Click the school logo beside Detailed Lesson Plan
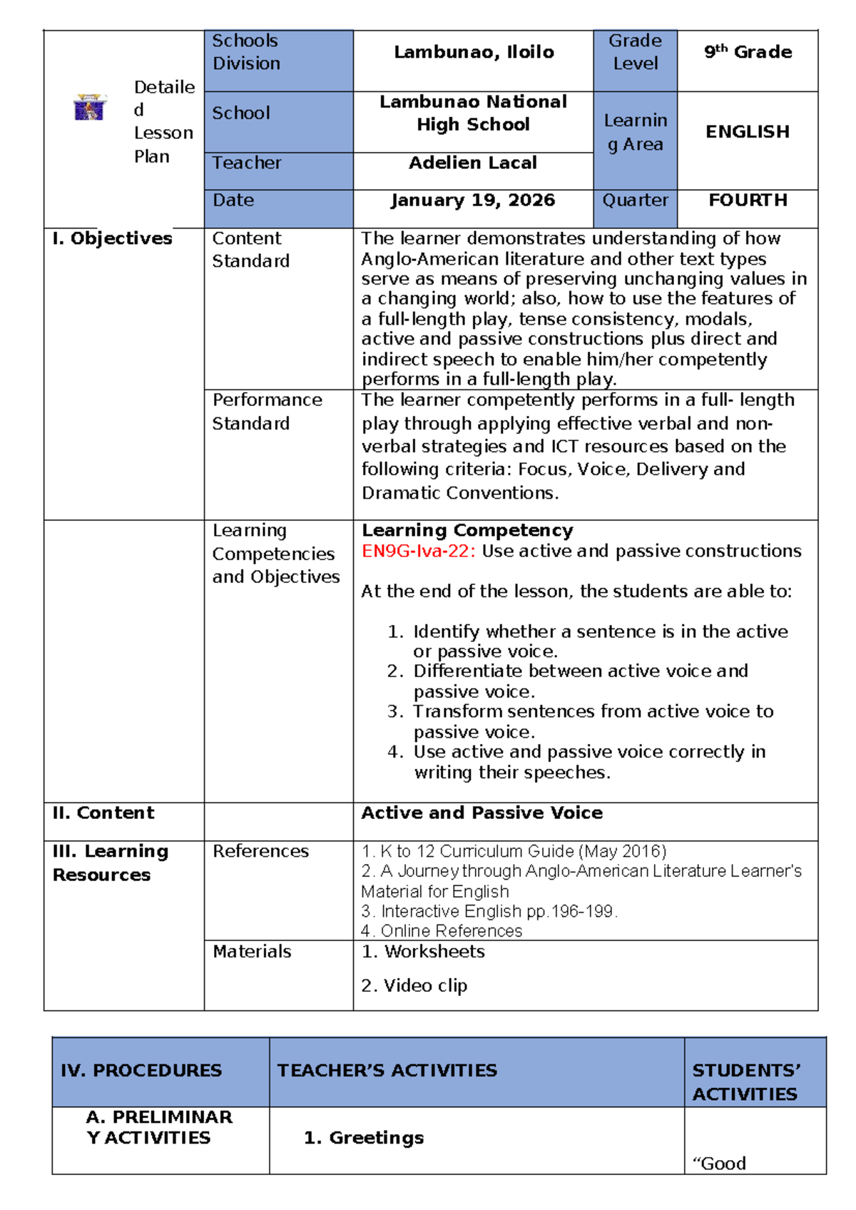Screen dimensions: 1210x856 point(90,107)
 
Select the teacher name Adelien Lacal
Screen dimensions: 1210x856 point(473,163)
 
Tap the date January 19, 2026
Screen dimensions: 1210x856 point(473,200)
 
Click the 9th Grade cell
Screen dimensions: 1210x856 point(748,52)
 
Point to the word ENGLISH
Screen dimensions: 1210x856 point(748,132)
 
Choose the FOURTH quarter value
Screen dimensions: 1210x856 point(748,200)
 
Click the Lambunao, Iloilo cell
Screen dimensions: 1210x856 point(474,52)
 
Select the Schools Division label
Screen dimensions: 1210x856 point(246,52)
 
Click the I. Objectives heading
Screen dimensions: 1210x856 point(112,238)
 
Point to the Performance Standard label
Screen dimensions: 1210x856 point(267,412)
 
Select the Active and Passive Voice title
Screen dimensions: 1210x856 point(481,813)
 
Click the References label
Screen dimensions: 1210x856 point(260,851)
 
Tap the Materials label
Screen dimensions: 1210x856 point(252,952)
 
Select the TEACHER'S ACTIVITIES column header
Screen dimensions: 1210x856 point(387,1071)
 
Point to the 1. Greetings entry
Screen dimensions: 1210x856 point(364,1138)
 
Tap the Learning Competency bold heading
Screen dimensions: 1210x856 point(467,531)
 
